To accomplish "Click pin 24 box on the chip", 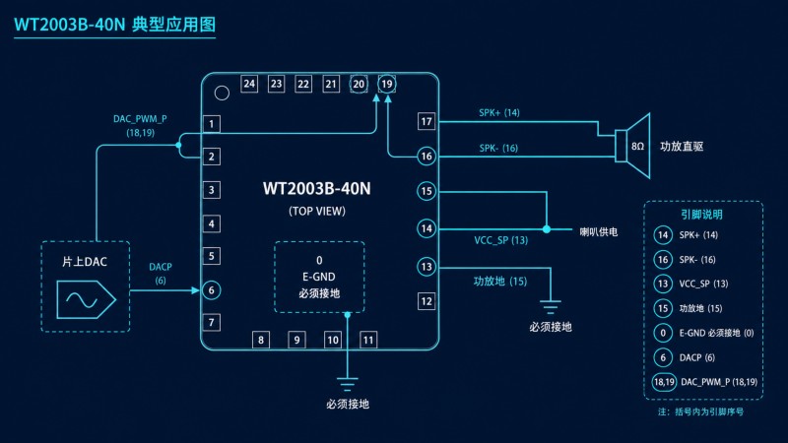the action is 249,84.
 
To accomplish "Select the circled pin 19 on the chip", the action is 386,84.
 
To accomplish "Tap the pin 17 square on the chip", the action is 427,121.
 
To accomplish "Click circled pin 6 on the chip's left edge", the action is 212,290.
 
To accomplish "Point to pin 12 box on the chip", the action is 427,301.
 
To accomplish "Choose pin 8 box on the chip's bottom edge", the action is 261,340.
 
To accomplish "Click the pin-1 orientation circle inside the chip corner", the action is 222,93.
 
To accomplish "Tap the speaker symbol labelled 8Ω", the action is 632,146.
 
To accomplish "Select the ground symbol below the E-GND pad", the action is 348,384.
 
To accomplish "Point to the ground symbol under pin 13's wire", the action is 551,307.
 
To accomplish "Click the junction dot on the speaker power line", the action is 547,229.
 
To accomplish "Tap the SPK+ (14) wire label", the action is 499,112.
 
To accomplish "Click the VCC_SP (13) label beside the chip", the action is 501,240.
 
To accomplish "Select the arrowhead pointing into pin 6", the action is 195,290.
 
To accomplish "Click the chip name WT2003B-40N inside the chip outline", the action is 316,188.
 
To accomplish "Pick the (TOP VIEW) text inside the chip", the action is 317,211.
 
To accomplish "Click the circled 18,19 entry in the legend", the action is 664,382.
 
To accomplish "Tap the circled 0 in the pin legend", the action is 663,333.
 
